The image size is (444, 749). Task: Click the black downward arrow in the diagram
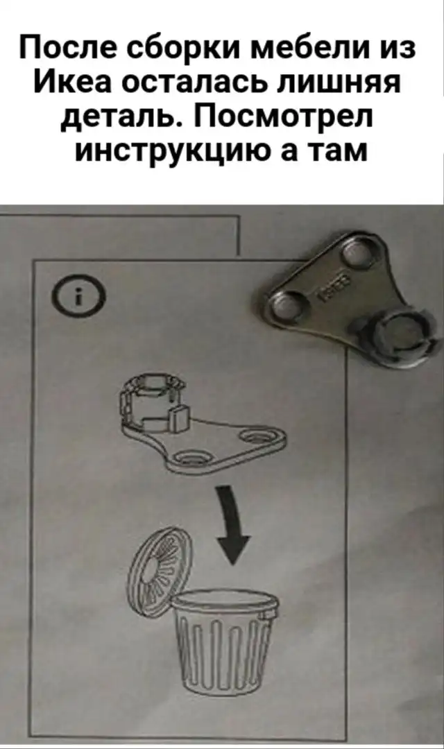pyautogui.click(x=233, y=526)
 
